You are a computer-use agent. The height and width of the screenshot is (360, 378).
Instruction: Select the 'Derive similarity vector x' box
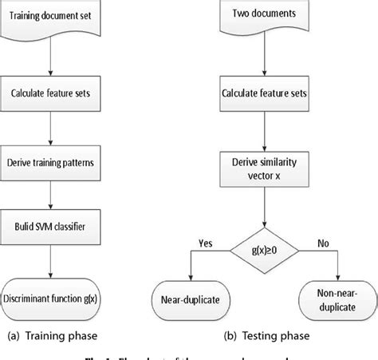pyautogui.click(x=264, y=168)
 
